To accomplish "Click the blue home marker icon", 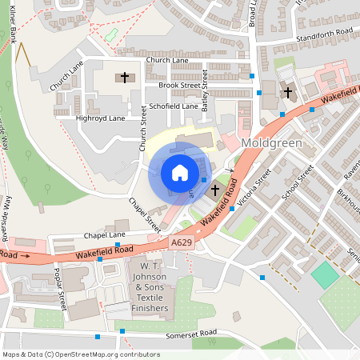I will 180,173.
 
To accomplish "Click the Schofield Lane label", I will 173,106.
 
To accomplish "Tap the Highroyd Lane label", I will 100,118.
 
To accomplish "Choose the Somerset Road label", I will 191,334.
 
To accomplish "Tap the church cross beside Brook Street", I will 124,78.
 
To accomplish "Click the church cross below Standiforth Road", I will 288,92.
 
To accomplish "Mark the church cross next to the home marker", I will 214,190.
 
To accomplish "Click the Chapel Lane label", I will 105,235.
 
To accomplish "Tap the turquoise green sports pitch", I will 325,275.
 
